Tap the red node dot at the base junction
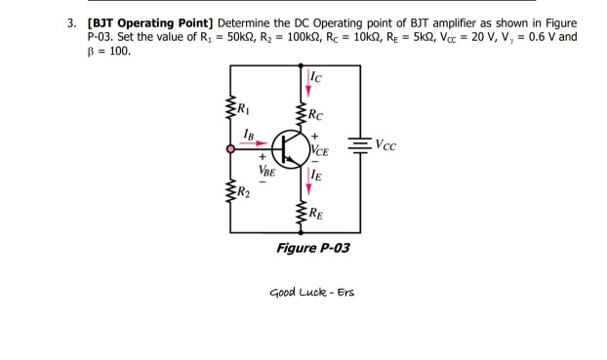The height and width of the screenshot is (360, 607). [x=231, y=149]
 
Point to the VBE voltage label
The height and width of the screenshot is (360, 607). [x=264, y=170]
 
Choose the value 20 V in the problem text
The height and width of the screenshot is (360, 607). [x=482, y=36]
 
